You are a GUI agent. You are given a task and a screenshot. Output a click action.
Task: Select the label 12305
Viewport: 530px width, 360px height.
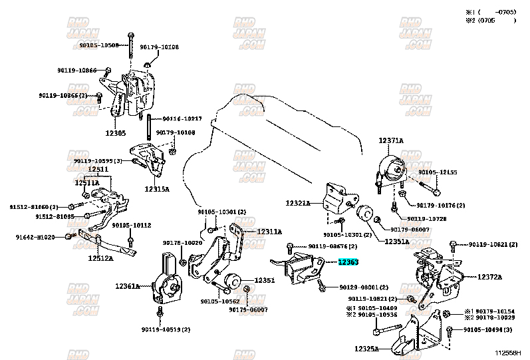tap(115, 133)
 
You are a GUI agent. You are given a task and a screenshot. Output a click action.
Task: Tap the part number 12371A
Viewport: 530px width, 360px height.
tap(391, 140)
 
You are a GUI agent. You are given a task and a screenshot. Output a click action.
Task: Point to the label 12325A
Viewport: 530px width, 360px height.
tap(366, 348)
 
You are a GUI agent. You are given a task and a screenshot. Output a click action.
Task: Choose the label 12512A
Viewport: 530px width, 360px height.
tap(100, 258)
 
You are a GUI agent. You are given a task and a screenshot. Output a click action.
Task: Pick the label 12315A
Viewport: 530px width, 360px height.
tap(157, 189)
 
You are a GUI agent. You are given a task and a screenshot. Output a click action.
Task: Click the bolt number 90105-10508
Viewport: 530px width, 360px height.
tap(98, 45)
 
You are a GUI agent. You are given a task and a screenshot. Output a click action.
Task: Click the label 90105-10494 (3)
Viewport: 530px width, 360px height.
tap(488, 329)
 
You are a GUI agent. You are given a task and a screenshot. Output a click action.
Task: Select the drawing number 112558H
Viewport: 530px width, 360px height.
tap(507, 352)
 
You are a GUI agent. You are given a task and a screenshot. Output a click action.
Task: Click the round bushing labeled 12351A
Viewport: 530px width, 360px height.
tap(364, 216)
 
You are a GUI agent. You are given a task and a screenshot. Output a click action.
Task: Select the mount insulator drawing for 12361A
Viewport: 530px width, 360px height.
tap(170, 283)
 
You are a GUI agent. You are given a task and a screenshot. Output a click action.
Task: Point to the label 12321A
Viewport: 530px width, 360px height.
tap(298, 202)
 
